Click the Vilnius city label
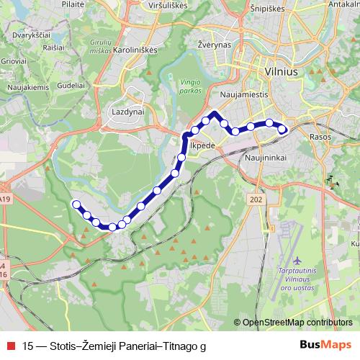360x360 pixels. [x=270, y=73]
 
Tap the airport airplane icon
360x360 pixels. [x=298, y=258]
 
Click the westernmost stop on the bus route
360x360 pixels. [x=76, y=204]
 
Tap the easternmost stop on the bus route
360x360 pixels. [x=282, y=130]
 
